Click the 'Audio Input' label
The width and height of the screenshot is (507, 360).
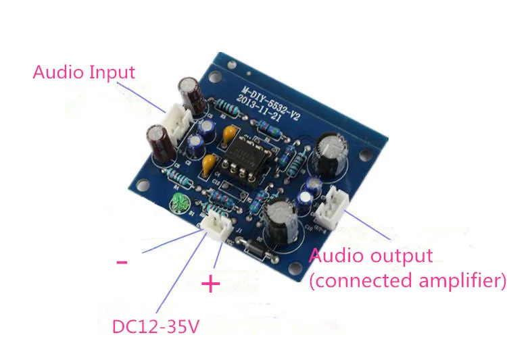[x=84, y=72]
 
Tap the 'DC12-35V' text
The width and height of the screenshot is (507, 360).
[x=155, y=328]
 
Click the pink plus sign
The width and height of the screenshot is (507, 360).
[x=211, y=284]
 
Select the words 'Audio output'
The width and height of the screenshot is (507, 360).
[x=370, y=257]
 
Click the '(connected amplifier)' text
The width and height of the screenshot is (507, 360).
[x=408, y=280]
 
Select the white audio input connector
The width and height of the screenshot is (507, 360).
[x=176, y=126]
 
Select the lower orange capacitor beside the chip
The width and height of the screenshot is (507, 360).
[x=210, y=163]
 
